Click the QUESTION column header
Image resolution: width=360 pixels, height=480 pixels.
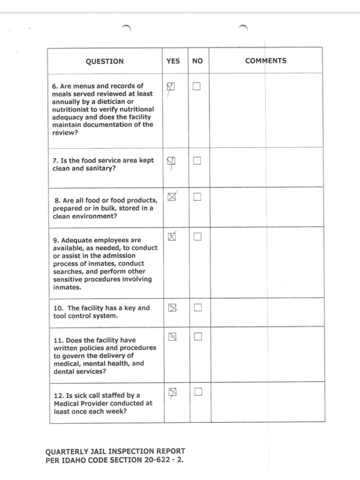coord(105,61)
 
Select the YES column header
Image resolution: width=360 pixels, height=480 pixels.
coord(173,61)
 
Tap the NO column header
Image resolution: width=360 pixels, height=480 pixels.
coord(197,61)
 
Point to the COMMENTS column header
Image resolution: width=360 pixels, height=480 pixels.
coord(265,60)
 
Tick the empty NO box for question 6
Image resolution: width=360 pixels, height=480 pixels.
coord(197,87)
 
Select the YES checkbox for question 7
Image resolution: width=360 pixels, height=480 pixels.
coord(172,161)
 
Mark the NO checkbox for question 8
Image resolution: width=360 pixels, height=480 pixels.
coord(197,197)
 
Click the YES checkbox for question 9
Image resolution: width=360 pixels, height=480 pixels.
coord(172,237)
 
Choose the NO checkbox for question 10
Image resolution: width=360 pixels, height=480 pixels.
coord(197,307)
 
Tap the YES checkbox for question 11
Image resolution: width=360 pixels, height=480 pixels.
coord(172,336)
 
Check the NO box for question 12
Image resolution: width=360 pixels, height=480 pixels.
coord(197,392)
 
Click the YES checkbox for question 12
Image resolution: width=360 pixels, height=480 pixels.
coord(172,392)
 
